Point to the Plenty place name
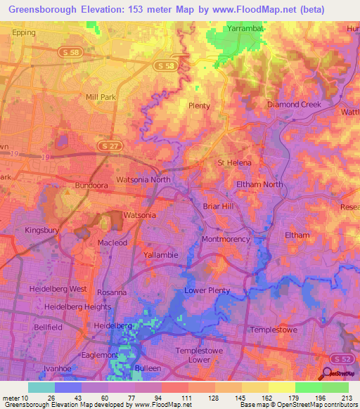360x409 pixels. [x=200, y=105]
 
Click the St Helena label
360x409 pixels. [x=234, y=163]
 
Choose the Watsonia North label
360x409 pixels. [x=143, y=179]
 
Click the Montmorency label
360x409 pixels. [x=226, y=240]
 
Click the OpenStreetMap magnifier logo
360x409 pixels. [x=328, y=375]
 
